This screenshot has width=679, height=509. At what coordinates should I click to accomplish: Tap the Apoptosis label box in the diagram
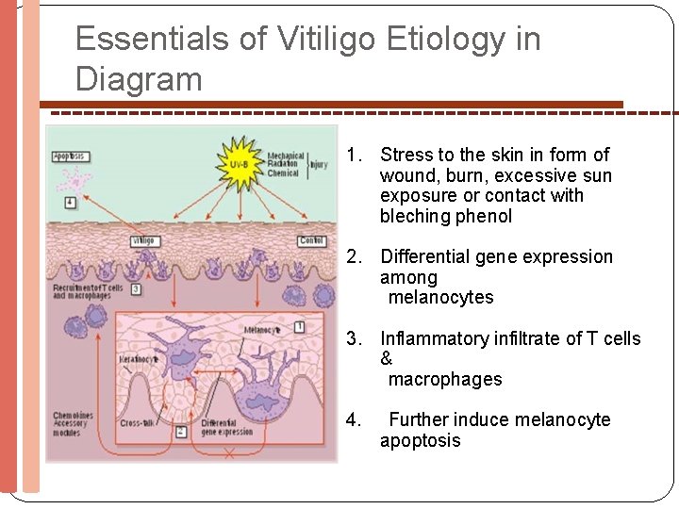[x=70, y=156]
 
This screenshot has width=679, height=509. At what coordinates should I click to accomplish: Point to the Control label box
[x=311, y=241]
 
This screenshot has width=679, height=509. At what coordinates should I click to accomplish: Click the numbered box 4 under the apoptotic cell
[x=71, y=202]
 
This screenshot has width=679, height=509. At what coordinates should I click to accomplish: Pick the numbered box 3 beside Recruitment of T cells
[x=137, y=288]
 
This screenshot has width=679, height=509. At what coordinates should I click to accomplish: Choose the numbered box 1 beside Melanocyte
[x=299, y=326]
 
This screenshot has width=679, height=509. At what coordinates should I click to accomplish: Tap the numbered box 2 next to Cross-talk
[x=180, y=431]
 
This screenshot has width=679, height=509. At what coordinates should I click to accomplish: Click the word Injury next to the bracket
[x=319, y=164]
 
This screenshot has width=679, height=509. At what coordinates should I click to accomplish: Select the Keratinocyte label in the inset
[x=139, y=360]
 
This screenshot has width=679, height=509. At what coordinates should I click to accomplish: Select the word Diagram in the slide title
[x=139, y=79]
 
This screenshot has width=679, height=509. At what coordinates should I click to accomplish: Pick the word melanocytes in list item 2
[x=440, y=298]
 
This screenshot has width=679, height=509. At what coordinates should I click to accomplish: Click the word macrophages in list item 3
[x=444, y=380]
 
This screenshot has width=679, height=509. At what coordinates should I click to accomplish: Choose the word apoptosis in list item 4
[x=420, y=441]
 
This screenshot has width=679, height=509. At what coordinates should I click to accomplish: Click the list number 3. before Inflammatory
[x=354, y=338]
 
